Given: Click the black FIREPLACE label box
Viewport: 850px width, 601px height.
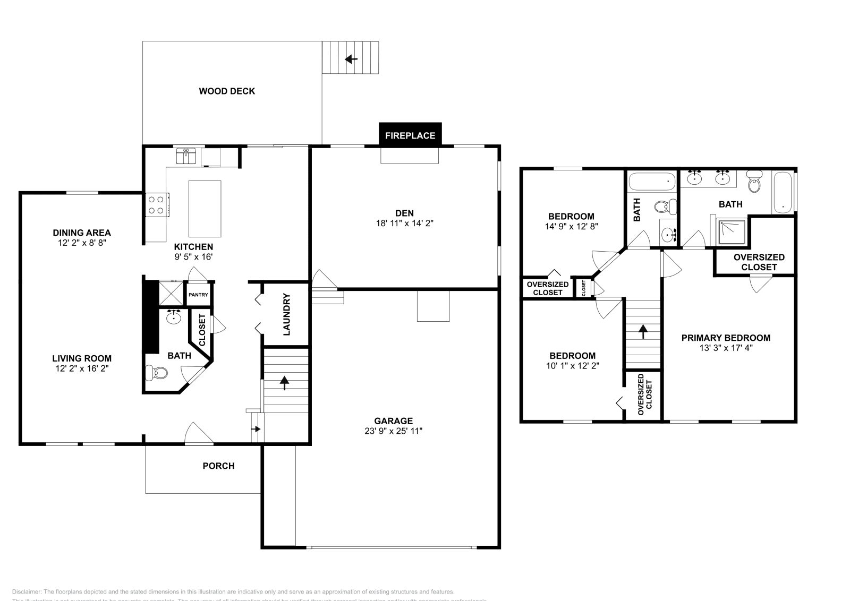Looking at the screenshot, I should [410, 135].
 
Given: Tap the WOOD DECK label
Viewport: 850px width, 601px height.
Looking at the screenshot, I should [227, 91].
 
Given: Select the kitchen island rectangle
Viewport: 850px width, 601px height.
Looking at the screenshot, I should [205, 209].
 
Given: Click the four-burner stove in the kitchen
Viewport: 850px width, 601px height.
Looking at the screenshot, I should [156, 205].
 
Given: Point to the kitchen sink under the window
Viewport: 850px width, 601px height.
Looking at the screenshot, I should [186, 157].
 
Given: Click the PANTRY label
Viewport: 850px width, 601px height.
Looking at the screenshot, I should [198, 295].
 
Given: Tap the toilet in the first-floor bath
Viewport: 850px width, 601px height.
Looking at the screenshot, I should [155, 373].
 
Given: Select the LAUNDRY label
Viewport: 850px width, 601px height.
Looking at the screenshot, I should [286, 314].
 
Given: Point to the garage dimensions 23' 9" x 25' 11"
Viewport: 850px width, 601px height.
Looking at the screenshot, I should [393, 431].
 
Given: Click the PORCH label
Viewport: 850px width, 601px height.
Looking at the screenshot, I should [218, 466].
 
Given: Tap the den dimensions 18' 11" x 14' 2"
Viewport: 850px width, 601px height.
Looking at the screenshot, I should [404, 224].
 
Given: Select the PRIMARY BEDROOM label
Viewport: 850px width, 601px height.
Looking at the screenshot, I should [726, 338].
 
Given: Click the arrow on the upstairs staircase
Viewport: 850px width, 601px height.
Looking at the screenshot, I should [643, 332].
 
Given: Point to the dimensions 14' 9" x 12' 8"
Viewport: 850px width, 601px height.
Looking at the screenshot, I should [571, 226].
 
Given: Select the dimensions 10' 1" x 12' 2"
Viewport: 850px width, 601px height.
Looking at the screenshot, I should [572, 365].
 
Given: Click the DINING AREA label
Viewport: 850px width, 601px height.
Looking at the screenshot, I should [82, 233].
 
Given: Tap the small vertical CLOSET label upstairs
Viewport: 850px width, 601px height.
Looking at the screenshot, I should [584, 288].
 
